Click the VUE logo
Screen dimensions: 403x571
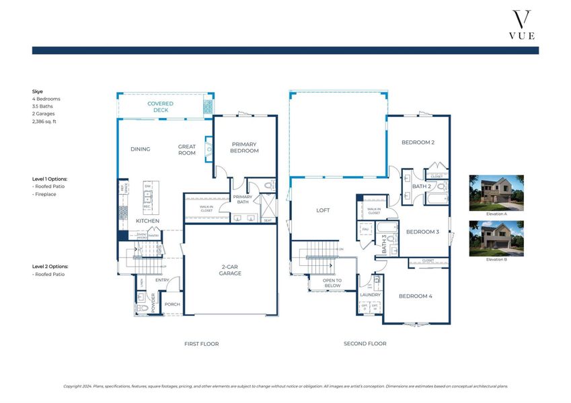(522, 25)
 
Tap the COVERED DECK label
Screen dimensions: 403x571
(161, 107)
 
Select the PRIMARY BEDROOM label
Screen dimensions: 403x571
(245, 147)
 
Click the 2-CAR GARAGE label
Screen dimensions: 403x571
(230, 270)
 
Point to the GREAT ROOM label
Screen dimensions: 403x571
(187, 149)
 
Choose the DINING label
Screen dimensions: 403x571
(141, 149)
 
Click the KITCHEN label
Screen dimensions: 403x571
(147, 220)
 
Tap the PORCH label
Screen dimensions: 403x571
(172, 304)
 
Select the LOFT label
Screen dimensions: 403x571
(323, 210)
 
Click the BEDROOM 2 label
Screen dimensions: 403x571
(418, 142)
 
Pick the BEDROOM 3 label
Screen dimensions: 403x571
(422, 232)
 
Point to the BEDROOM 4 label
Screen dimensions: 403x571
(415, 296)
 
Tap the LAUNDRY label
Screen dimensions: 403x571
(370, 295)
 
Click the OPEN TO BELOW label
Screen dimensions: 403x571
(332, 283)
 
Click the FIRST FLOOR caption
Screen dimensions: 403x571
(201, 344)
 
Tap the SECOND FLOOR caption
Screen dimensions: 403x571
(365, 344)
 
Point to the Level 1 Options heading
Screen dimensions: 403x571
(50, 179)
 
